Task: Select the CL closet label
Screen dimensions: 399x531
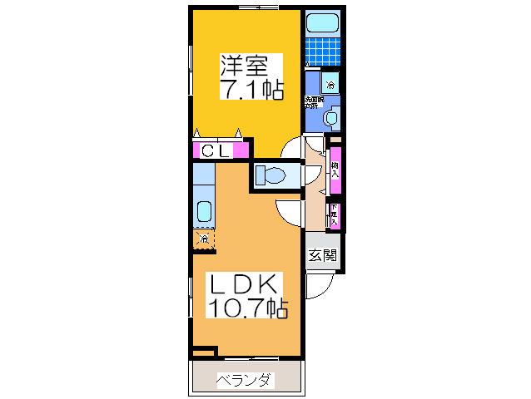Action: point(218,151)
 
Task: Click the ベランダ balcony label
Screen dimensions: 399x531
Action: point(244,381)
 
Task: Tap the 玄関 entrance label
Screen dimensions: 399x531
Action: point(322,256)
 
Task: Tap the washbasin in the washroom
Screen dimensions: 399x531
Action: point(331,119)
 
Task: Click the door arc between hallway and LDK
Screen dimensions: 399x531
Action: point(288,213)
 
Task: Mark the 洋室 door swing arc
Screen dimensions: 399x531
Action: point(292,147)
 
